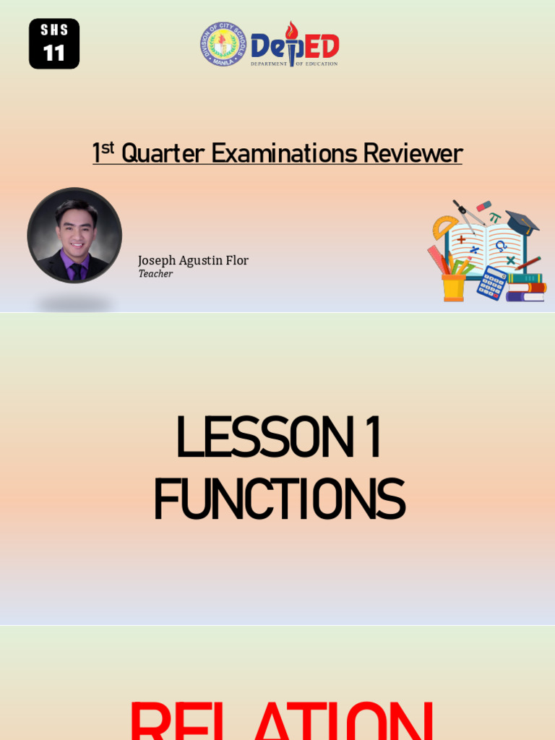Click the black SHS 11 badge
click(54, 44)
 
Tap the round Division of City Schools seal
click(223, 44)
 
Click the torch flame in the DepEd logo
click(291, 30)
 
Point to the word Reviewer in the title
click(413, 154)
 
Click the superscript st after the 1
click(108, 148)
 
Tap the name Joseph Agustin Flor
click(193, 261)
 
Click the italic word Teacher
click(155, 274)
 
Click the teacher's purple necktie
click(75, 270)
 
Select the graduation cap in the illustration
click(522, 222)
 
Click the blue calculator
click(491, 283)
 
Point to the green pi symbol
click(495, 217)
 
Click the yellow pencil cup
click(453, 287)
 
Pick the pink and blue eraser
click(483, 207)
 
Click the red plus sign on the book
click(461, 239)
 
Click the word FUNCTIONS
click(278, 500)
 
